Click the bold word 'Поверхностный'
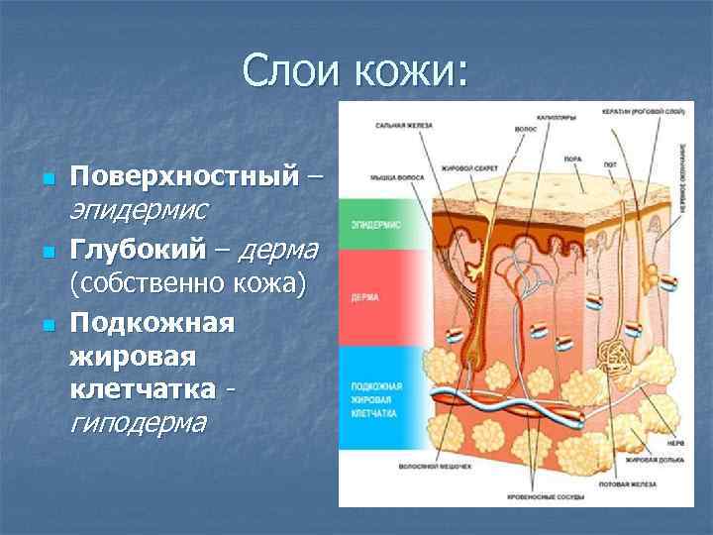click(183, 177)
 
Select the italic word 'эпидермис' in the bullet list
click(138, 209)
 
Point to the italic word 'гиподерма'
click(138, 423)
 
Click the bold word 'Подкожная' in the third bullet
click(152, 323)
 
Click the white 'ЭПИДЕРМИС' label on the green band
click(374, 225)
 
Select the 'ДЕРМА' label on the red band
click(363, 296)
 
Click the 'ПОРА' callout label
click(571, 158)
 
